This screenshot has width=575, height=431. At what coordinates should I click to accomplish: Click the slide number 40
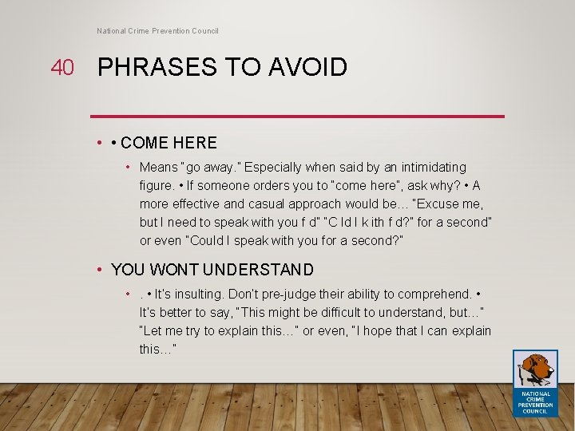click(x=61, y=68)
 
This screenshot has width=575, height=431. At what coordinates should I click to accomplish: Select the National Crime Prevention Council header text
click(x=157, y=31)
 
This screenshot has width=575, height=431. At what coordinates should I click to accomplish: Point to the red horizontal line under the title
click(x=297, y=117)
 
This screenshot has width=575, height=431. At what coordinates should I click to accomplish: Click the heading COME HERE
click(x=169, y=143)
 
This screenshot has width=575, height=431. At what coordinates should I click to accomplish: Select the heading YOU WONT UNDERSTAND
click(x=212, y=270)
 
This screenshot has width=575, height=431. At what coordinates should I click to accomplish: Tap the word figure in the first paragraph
click(x=156, y=186)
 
